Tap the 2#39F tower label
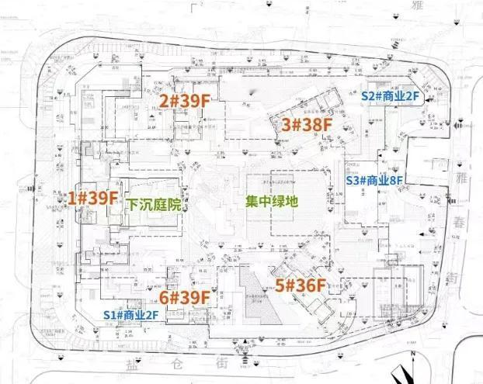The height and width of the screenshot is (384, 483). (x=185, y=101)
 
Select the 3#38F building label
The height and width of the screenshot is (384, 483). (x=306, y=123)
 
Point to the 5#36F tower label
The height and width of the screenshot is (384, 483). (x=301, y=285)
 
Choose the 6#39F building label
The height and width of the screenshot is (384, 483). (x=185, y=297)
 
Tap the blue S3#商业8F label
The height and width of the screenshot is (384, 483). (x=375, y=180)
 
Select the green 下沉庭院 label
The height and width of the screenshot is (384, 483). (x=154, y=206)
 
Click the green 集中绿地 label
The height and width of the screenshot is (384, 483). (x=272, y=201)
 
